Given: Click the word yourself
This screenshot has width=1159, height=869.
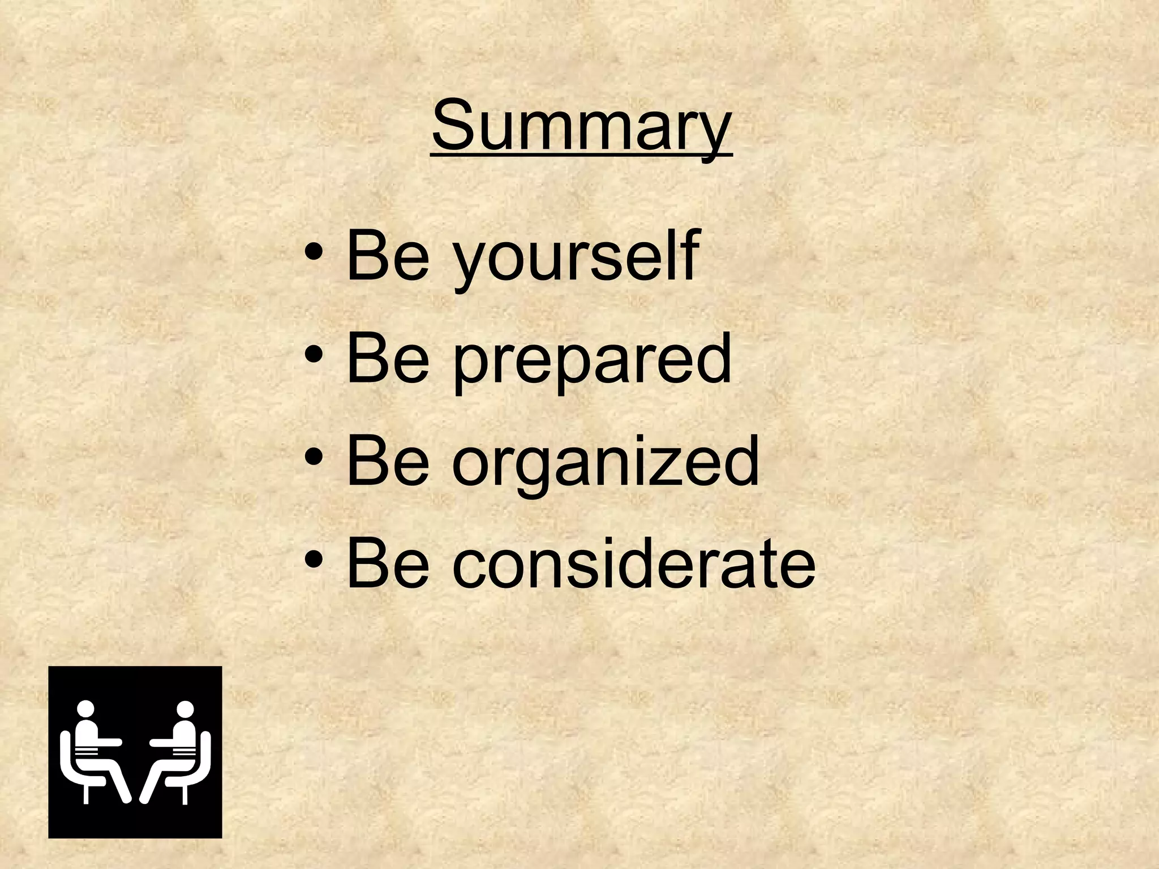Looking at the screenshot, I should pyautogui.click(x=576, y=257).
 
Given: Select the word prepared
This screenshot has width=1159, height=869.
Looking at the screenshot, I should pyautogui.click(x=591, y=359).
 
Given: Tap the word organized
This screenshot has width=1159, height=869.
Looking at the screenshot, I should pyautogui.click(x=606, y=461).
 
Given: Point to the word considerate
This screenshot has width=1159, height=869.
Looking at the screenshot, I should pyautogui.click(x=634, y=563).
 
